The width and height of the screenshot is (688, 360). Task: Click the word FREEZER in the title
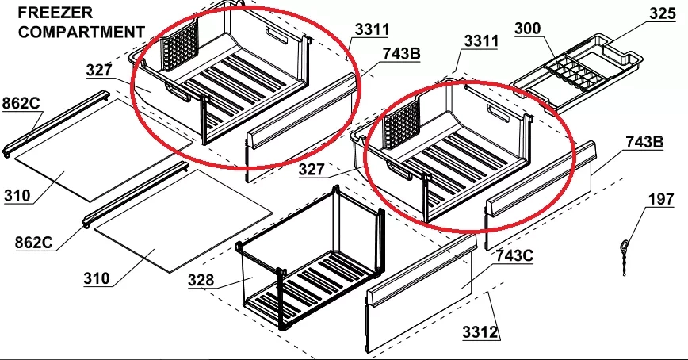pos(55,13)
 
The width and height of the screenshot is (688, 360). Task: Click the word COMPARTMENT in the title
pos(82,32)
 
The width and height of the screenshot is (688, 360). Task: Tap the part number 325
pos(663,13)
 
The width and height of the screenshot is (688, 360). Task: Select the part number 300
pos(527,29)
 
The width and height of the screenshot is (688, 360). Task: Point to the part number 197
pos(661,199)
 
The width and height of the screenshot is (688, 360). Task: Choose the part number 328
pos(201,280)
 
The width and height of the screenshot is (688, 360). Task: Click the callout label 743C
pos(514,255)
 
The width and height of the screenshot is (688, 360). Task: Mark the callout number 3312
pos(481,332)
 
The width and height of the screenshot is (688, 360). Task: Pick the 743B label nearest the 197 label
pos(644,142)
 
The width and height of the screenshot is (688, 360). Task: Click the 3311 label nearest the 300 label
pos(481,40)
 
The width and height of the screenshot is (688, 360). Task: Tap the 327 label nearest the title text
pos(99,70)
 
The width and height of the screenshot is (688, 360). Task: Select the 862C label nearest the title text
pos(21,103)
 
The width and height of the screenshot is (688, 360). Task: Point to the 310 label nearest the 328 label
pos(97,278)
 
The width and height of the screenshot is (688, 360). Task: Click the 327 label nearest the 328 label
pos(312,170)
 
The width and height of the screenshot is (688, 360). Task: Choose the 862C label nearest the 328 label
pos(34,243)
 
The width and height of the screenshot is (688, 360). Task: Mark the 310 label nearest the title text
pos(17,195)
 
